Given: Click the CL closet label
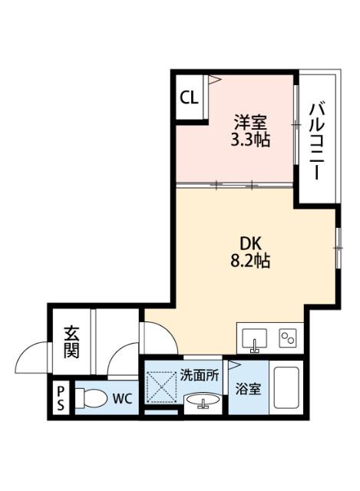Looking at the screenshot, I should [x=189, y=97].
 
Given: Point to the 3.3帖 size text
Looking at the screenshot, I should [x=250, y=140].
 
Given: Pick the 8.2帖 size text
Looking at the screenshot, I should [x=250, y=260].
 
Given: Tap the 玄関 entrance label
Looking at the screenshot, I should [x=71, y=342].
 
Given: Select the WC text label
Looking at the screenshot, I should [x=121, y=399].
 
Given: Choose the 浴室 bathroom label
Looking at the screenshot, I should [x=247, y=389].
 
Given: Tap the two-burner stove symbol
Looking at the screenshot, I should [x=289, y=338].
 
